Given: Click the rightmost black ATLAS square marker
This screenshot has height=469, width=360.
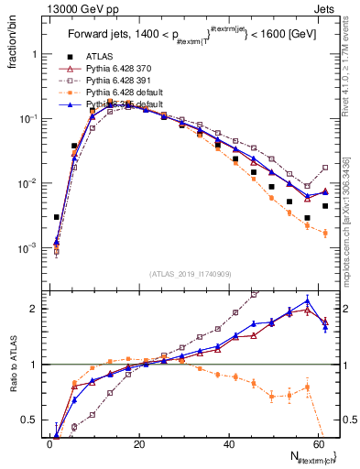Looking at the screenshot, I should [x=325, y=206].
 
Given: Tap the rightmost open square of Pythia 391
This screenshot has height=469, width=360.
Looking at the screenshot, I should [x=325, y=168].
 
